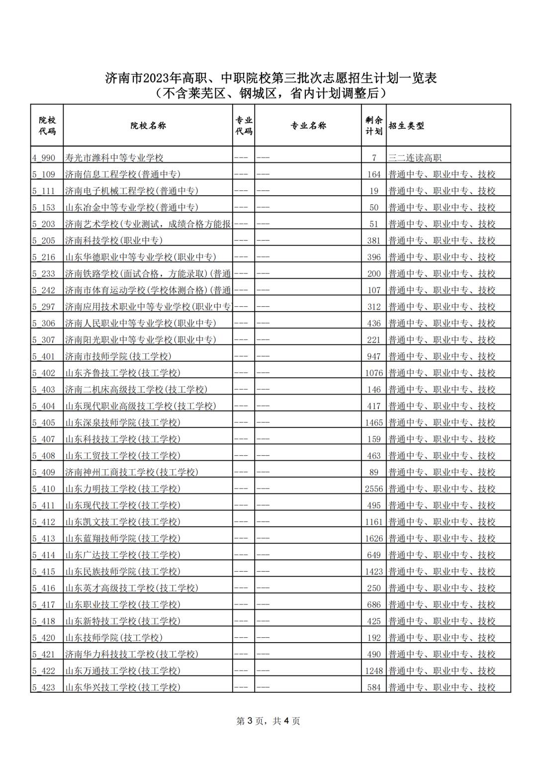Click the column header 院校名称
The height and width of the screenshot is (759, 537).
(148, 126)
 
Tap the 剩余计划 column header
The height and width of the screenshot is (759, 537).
(373, 126)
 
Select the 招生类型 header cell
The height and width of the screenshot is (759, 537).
(407, 126)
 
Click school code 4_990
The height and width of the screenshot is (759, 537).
(44, 158)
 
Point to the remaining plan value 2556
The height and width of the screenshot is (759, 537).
(374, 489)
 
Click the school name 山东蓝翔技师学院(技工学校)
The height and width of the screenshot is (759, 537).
(123, 539)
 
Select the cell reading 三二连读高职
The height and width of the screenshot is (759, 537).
(415, 158)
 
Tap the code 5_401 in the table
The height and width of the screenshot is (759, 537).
(44, 357)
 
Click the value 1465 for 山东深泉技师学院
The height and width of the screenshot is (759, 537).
(374, 423)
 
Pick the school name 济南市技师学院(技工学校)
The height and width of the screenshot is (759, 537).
(118, 357)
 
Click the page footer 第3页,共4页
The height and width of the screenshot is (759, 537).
(268, 721)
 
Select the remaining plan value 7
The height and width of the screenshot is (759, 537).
(374, 158)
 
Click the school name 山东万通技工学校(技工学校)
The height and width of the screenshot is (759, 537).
(123, 671)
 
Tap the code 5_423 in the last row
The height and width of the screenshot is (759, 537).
(44, 688)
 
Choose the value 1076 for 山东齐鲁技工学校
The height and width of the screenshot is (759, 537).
(374, 373)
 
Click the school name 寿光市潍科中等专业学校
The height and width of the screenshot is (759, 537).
(114, 158)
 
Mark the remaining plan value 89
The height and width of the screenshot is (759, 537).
(374, 473)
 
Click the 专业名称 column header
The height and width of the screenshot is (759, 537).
(308, 126)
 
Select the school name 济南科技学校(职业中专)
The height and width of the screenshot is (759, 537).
(114, 241)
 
